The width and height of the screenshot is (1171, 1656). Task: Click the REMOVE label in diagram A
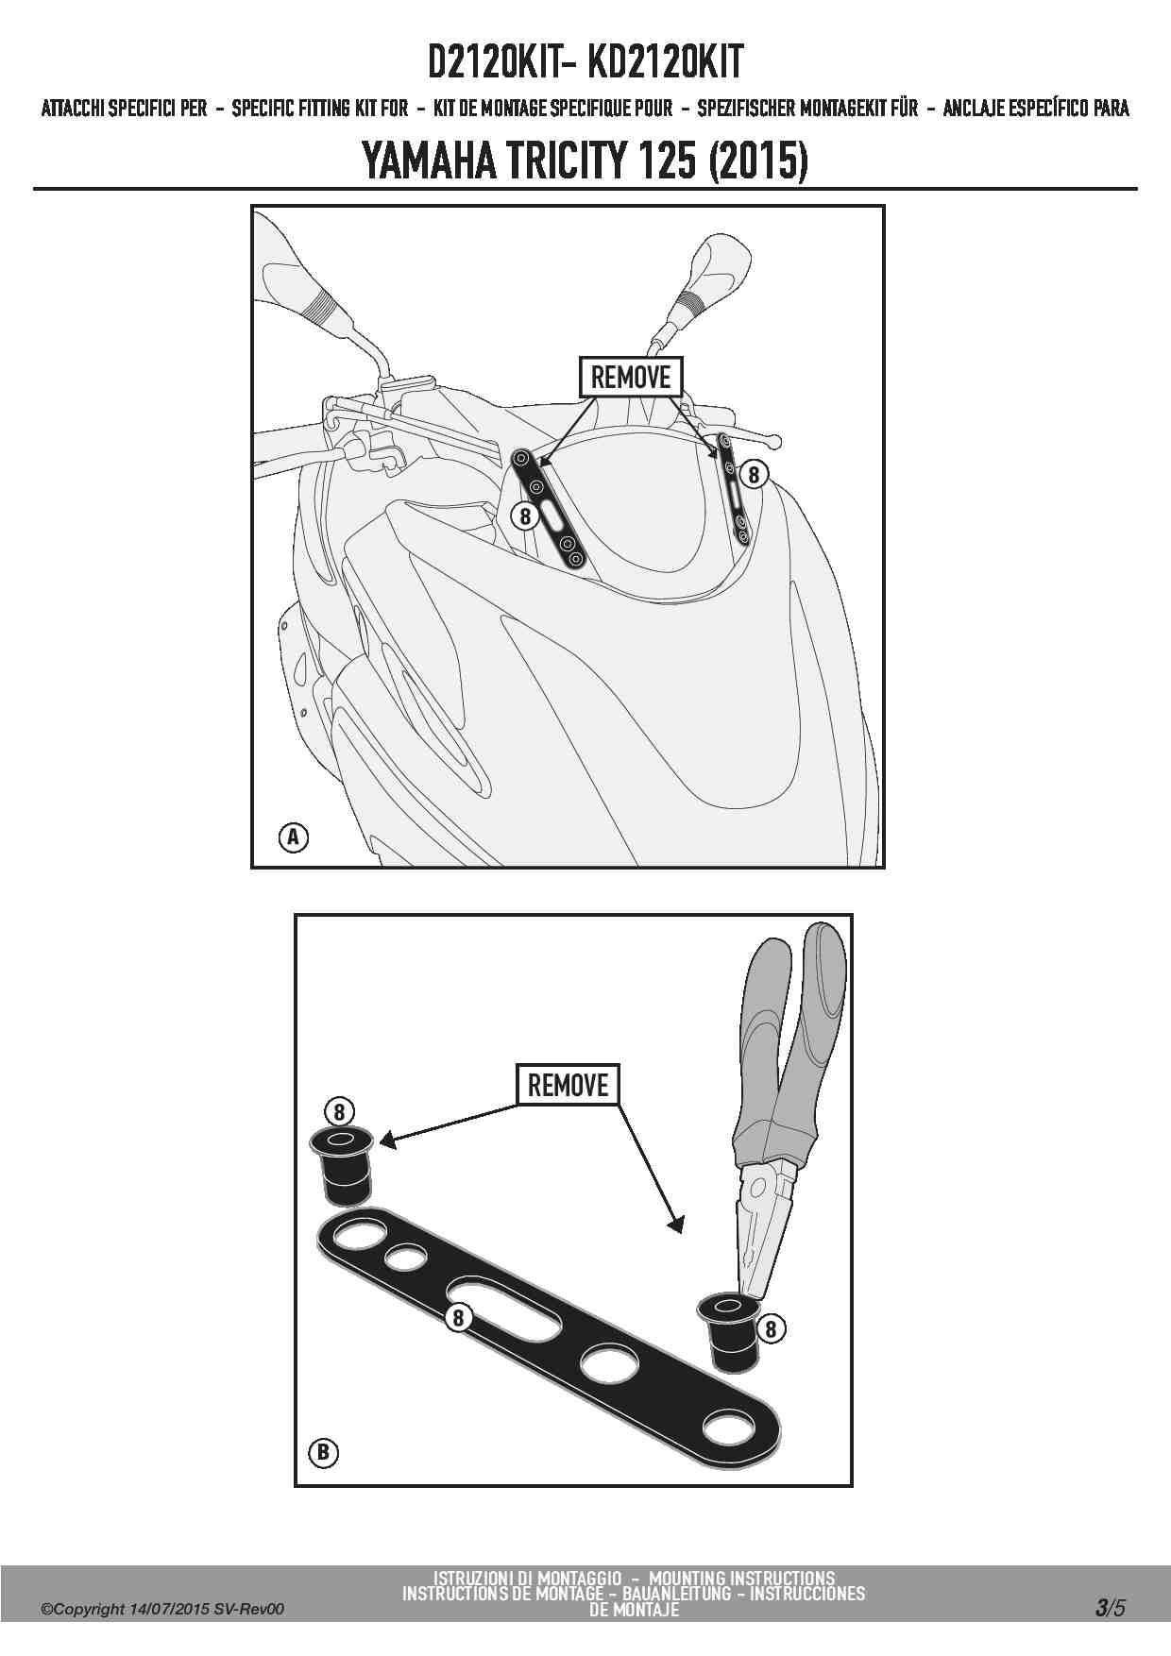[x=630, y=378]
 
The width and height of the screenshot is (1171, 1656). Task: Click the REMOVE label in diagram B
[x=568, y=1085]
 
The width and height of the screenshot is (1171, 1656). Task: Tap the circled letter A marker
[x=294, y=836]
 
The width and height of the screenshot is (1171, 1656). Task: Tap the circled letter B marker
[x=323, y=1451]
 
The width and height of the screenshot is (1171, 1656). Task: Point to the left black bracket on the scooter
[x=549, y=510]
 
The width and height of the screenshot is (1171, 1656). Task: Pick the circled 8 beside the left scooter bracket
[x=525, y=515]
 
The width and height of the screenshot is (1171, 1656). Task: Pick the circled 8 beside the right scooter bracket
[x=753, y=474]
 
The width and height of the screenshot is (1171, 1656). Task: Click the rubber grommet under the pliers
[x=728, y=1332]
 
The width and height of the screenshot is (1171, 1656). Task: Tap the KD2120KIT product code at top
[x=666, y=62]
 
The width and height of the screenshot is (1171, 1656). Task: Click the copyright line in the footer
[x=162, y=1609]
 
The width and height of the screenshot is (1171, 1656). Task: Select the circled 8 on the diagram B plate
[x=458, y=1317]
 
